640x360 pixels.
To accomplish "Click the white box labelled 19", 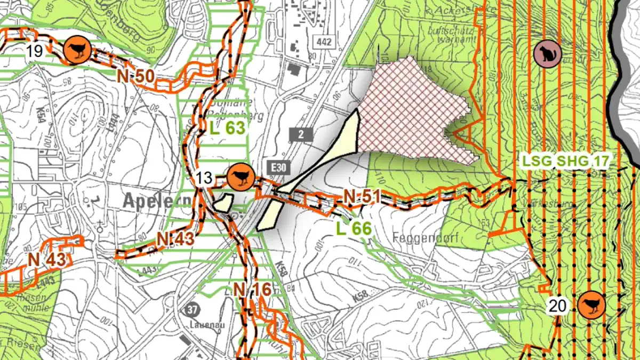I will coord(34,51).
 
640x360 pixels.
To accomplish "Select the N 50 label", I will coord(136,76).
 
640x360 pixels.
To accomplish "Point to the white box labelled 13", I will coord(204,178).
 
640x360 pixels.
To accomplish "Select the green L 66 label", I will coord(353,228).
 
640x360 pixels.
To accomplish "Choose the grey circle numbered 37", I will coord(193,309).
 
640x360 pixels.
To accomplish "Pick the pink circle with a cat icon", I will coord(547,52).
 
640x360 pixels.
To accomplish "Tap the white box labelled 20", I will coord(557,306).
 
